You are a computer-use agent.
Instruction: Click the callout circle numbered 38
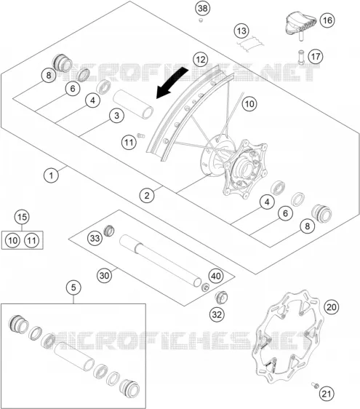[203, 8]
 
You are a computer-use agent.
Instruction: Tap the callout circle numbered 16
[327, 20]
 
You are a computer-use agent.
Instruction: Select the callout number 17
[316, 57]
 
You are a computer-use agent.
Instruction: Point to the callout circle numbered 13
[241, 31]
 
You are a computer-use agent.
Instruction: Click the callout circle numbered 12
[201, 60]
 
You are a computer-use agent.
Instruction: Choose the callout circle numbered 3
[116, 115]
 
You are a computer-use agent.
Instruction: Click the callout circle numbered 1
[51, 175]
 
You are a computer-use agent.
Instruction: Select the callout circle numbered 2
[147, 195]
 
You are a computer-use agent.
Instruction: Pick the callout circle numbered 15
[22, 217]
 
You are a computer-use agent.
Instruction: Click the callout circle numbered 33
[95, 238]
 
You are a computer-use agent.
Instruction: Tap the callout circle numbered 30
[104, 275]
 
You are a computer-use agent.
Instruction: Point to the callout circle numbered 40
[216, 276]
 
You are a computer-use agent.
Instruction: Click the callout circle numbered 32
[217, 315]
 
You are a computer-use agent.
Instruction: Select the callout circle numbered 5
[73, 287]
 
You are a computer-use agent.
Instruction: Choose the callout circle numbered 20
[331, 307]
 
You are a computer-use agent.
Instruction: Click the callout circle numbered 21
[327, 394]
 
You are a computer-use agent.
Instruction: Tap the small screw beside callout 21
[315, 385]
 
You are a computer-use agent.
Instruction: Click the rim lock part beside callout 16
[301, 24]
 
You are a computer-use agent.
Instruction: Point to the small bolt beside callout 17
[301, 57]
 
